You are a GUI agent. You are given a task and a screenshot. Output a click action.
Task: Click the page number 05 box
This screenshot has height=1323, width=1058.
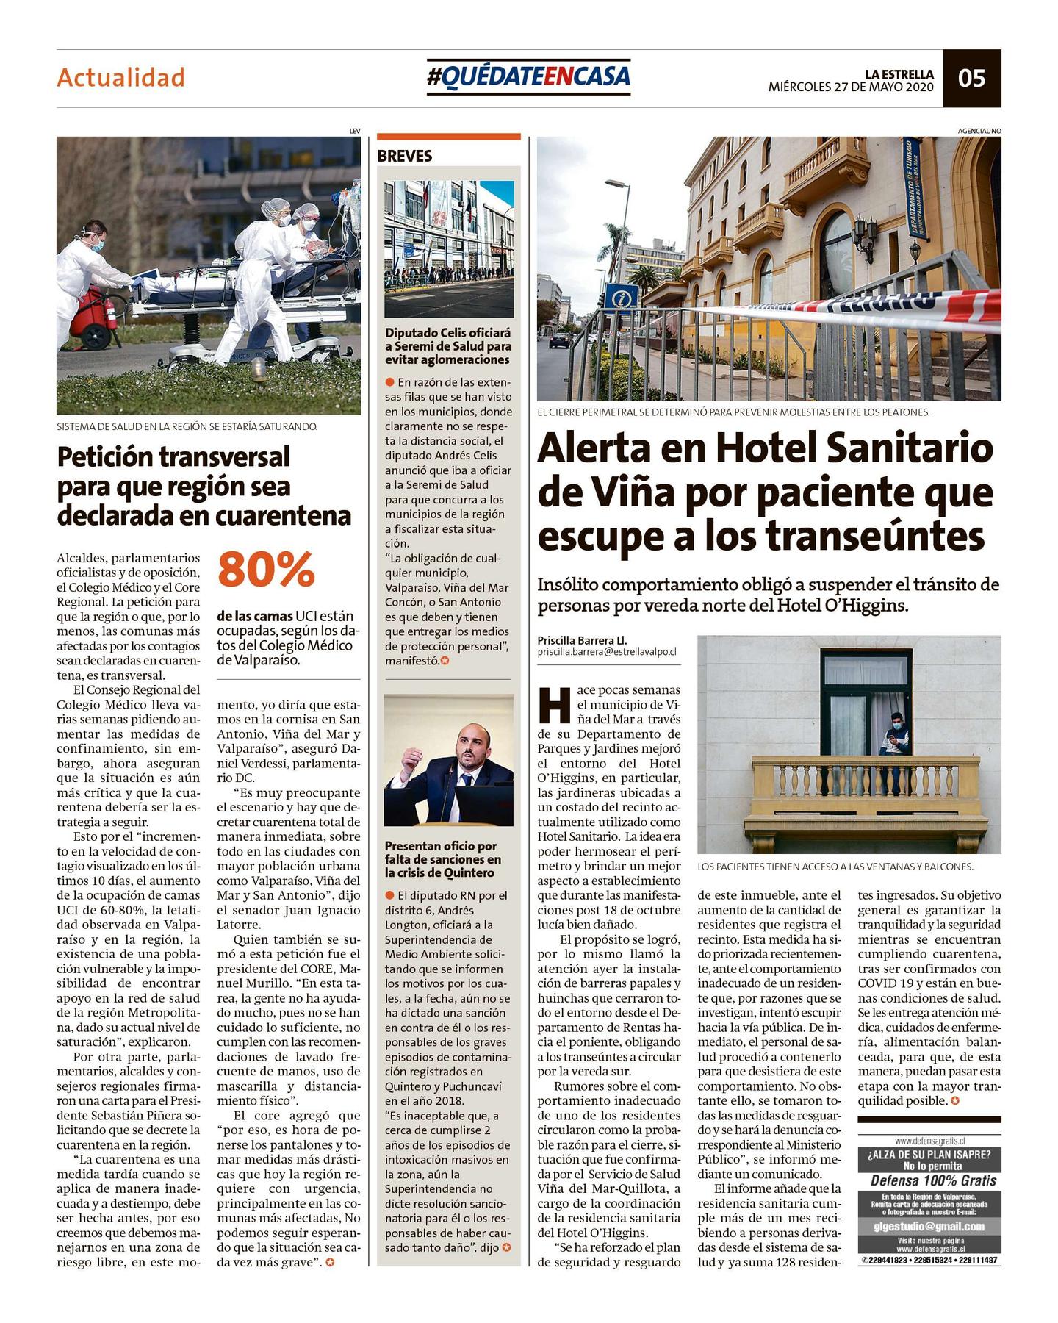(971, 78)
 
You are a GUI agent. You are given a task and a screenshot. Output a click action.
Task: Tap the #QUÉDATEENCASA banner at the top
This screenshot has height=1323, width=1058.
(528, 76)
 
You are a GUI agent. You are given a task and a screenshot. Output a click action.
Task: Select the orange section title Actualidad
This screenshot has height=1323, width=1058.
(120, 78)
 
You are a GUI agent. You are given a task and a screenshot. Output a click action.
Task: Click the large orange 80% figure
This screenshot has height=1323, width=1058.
(266, 570)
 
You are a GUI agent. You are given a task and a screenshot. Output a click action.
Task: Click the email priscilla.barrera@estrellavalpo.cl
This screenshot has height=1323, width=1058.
(607, 652)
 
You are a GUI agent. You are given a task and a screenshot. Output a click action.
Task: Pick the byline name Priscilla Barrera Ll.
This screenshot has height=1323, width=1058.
(582, 639)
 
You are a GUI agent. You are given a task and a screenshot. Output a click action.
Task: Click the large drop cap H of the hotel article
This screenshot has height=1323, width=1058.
(554, 705)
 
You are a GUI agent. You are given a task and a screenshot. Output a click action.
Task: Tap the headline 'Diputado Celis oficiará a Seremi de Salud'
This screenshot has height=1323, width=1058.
(448, 346)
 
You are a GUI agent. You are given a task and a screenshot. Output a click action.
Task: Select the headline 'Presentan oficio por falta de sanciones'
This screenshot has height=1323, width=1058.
(443, 859)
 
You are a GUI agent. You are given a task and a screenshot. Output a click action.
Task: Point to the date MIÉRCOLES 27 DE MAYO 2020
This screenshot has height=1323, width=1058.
(851, 87)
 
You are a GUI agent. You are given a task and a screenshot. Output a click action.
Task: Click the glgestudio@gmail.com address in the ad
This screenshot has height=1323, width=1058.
(929, 1227)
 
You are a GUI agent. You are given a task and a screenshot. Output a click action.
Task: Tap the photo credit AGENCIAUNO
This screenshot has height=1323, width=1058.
(979, 131)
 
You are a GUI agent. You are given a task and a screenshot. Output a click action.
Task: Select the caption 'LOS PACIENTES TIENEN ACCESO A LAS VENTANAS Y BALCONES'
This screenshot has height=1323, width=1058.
(835, 867)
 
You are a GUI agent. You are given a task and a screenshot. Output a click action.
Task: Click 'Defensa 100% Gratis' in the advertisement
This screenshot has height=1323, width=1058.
(929, 1180)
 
